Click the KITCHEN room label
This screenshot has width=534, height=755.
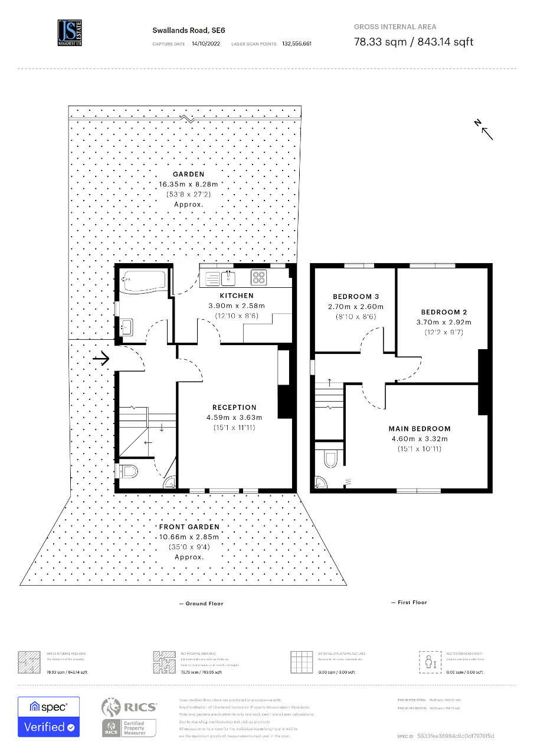(237, 296)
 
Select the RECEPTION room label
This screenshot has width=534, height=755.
(234, 407)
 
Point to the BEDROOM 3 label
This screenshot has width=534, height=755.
(356, 297)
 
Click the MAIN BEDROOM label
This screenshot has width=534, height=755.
(420, 429)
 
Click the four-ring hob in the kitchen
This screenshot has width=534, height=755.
(258, 277)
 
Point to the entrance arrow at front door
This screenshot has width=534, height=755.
(101, 357)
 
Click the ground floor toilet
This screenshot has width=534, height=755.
(129, 471)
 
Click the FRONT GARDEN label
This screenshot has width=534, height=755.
(189, 527)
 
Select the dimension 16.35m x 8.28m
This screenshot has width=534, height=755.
(189, 184)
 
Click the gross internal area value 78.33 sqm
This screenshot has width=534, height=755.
(378, 42)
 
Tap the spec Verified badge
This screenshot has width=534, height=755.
(48, 717)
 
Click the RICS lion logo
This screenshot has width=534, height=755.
(111, 707)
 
